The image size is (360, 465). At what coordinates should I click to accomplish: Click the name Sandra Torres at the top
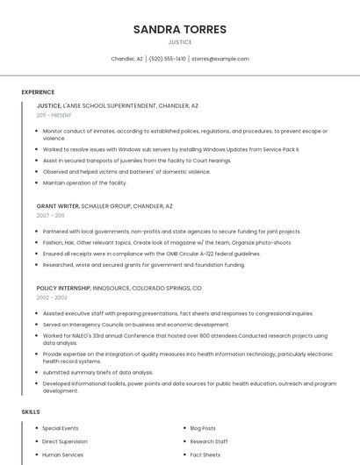[x=179, y=29]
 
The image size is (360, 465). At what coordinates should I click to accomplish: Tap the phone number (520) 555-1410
[x=168, y=59]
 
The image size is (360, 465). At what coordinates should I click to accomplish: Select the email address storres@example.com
[x=220, y=59]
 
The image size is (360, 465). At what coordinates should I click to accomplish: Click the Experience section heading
[x=38, y=92]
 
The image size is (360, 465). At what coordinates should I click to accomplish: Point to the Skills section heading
[x=31, y=411]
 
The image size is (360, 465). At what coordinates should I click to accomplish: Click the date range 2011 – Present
[x=54, y=115]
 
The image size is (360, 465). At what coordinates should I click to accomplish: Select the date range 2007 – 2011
[x=50, y=215]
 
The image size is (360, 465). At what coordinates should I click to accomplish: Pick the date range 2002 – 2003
[x=51, y=297]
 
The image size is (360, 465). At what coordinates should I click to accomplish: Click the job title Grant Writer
[x=58, y=206]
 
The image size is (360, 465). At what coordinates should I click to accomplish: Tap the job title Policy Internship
[x=64, y=288]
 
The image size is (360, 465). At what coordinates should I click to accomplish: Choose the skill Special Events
[x=61, y=428]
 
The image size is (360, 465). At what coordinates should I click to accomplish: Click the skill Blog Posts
[x=203, y=428]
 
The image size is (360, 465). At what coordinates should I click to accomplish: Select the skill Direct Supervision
[x=65, y=441]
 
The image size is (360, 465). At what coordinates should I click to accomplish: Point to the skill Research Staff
[x=209, y=441]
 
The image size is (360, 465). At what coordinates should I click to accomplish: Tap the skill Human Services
[x=62, y=454]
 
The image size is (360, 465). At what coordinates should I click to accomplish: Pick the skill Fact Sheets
[x=205, y=454]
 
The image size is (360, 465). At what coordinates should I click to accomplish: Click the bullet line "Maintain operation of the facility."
[x=85, y=182]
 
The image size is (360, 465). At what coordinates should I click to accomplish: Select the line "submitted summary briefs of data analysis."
[x=97, y=372]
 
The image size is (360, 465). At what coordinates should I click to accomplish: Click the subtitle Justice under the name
[x=179, y=42]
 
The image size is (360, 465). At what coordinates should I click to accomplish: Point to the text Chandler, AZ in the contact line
[x=126, y=59]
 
